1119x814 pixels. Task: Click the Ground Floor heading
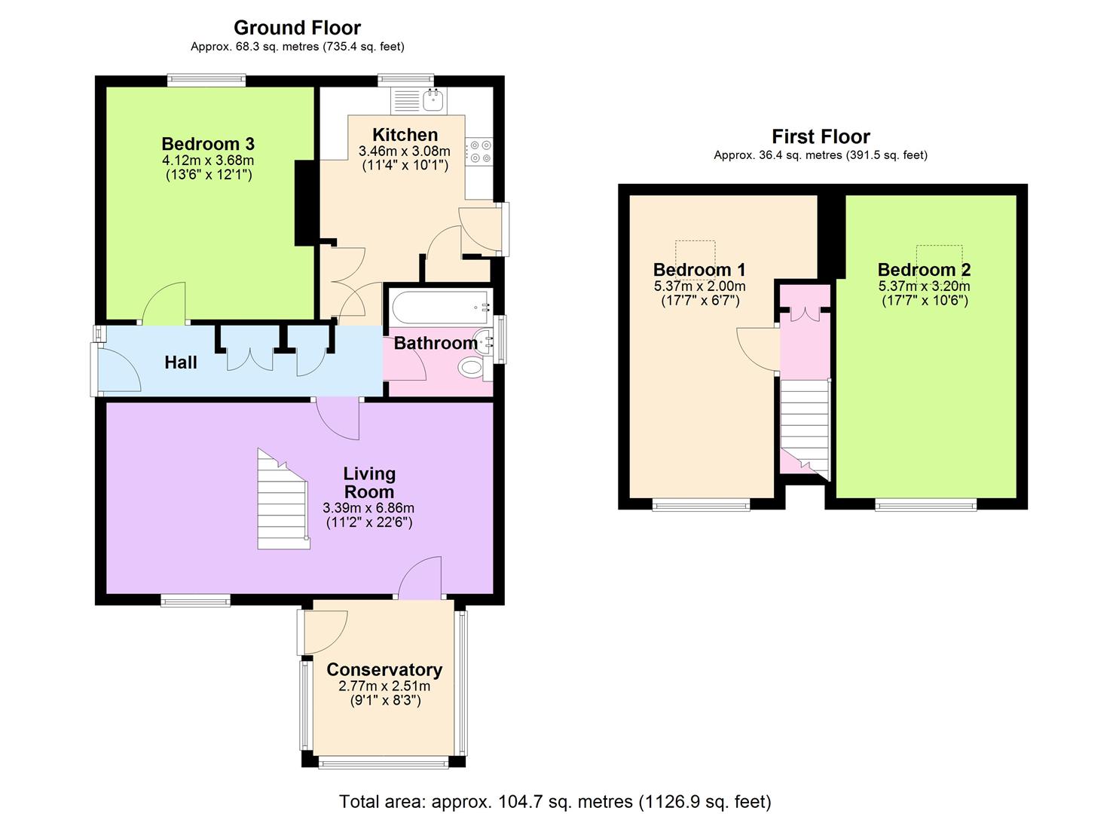click(x=297, y=28)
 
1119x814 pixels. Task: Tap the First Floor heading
click(x=821, y=136)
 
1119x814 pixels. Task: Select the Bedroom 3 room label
click(x=208, y=144)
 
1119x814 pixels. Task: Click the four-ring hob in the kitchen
click(x=480, y=151)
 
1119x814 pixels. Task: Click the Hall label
click(x=181, y=363)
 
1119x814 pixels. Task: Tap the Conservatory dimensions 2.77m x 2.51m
click(x=384, y=687)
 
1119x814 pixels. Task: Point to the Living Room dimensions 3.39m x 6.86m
click(x=368, y=508)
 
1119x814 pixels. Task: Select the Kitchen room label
click(x=405, y=135)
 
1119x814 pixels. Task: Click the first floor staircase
click(x=805, y=426)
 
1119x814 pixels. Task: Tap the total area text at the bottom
click(x=555, y=801)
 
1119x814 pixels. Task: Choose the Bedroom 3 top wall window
click(x=206, y=78)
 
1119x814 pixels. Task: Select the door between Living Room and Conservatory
click(x=420, y=580)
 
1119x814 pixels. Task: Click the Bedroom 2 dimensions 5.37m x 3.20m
click(x=925, y=286)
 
